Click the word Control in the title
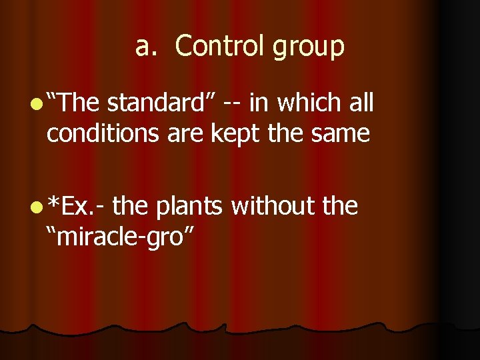pyautogui.click(x=215, y=47)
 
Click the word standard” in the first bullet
pyautogui.click(x=161, y=103)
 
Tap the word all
pyautogui.click(x=359, y=103)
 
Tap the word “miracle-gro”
pyautogui.click(x=119, y=237)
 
